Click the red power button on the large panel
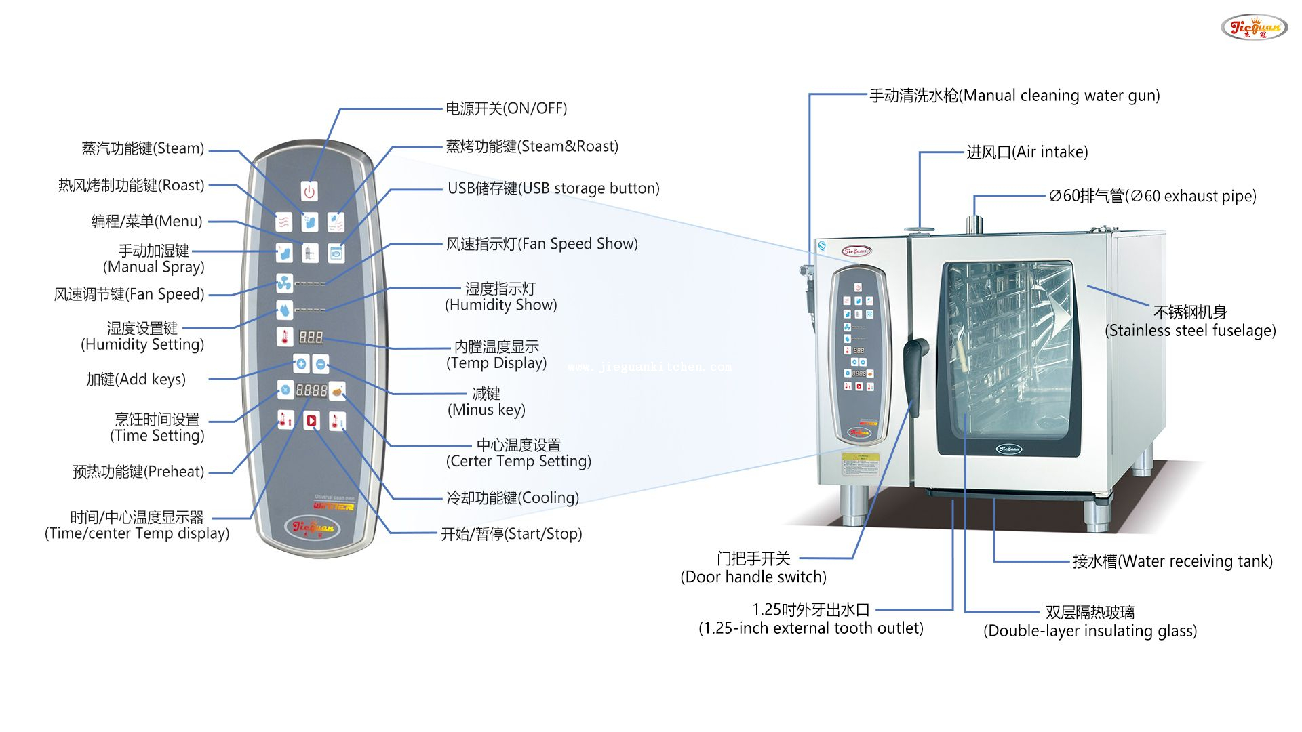coord(309,191)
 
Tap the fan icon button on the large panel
coord(284,283)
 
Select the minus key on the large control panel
coord(321,364)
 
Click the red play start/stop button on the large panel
coord(311,421)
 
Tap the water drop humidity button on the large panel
coord(284,310)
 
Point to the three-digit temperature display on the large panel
coord(311,337)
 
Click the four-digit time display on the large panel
coord(311,390)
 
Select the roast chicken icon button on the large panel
coord(337,391)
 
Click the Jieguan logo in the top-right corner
coord(1254,28)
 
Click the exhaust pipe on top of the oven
coord(974,223)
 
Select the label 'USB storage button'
coord(553,188)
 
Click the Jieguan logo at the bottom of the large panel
coord(313,527)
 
